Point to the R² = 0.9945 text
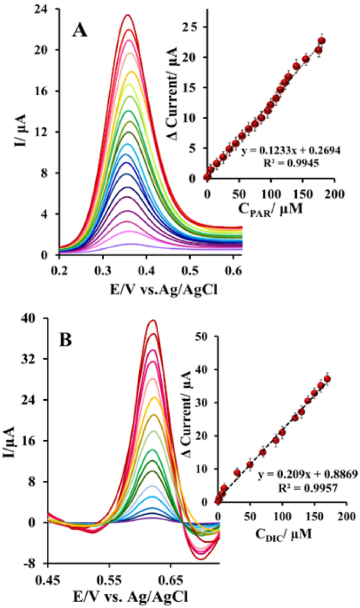[x=292, y=164]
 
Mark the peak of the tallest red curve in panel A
[x=127, y=15]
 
